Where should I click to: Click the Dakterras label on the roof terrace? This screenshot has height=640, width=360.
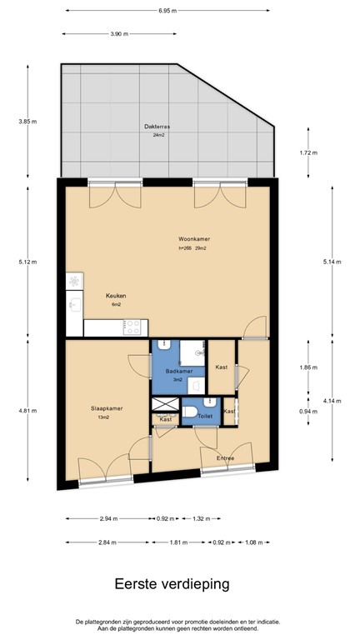(157, 127)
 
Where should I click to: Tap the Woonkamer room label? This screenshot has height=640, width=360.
(194, 239)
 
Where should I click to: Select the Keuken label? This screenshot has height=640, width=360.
(116, 296)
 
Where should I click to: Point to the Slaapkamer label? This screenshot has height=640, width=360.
(107, 408)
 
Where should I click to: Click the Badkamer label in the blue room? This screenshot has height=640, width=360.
(176, 372)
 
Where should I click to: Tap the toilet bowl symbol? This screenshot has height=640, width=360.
(190, 412)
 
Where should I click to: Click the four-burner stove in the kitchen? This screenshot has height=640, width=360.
(132, 327)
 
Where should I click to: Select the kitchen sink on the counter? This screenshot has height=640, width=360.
(75, 303)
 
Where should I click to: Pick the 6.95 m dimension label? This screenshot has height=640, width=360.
(167, 11)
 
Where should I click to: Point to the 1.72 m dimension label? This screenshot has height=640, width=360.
(308, 152)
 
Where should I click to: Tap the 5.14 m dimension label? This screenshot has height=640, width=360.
(332, 262)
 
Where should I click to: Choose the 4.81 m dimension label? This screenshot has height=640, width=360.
(27, 411)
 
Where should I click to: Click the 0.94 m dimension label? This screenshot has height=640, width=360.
(308, 412)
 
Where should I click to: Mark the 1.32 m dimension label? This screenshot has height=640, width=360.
(201, 519)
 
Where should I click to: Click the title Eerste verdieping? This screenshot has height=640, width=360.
(172, 584)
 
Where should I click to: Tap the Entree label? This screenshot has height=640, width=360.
(225, 458)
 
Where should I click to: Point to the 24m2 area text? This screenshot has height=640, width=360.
(159, 135)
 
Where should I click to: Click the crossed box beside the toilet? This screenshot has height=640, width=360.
(165, 404)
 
